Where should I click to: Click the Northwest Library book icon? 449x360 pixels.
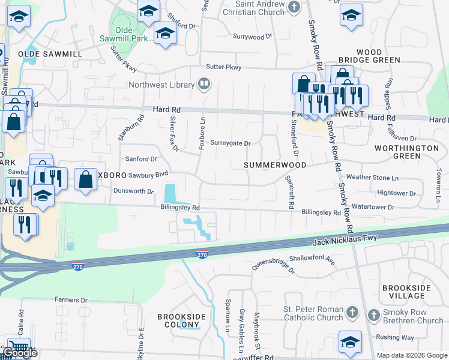(204, 84)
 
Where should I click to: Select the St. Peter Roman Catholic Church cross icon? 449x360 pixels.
(352, 313)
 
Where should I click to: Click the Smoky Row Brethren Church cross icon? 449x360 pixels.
(373, 314)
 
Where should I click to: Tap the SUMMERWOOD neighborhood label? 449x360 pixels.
(275, 165)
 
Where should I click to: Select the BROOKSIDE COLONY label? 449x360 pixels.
(181, 321)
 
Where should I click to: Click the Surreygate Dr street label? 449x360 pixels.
(230, 143)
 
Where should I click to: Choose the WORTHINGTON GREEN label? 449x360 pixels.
(406, 151)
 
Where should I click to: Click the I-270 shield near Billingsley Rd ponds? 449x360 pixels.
(202, 255)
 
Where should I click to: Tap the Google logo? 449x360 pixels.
(20, 353)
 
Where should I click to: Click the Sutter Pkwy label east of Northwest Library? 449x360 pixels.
(223, 67)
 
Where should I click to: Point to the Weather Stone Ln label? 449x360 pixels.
(372, 178)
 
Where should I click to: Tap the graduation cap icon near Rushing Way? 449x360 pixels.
(350, 341)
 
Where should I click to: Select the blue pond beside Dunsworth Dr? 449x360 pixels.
(170, 194)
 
